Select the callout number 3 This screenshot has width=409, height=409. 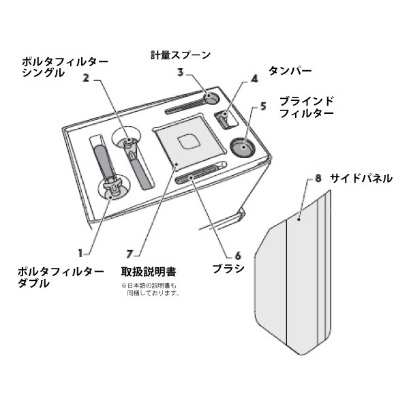(x=181, y=71)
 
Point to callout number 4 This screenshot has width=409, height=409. (x=254, y=79)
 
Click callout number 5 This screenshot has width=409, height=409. (x=263, y=107)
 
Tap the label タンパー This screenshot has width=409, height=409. (x=289, y=70)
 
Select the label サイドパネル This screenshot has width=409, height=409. (x=361, y=179)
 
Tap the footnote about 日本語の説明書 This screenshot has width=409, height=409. (x=151, y=289)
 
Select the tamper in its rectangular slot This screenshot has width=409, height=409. (x=224, y=119)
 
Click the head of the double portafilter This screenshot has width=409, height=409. (x=112, y=185)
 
